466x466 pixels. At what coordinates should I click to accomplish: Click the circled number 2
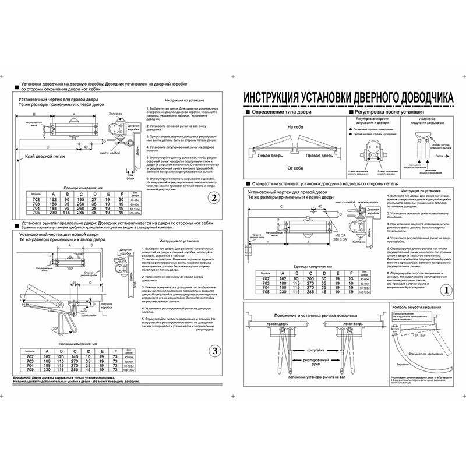pos(214,197)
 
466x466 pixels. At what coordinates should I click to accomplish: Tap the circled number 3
pos(214,350)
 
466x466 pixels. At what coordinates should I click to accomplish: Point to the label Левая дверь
pos(272,156)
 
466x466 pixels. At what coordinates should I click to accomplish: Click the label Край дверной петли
pos(45,157)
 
